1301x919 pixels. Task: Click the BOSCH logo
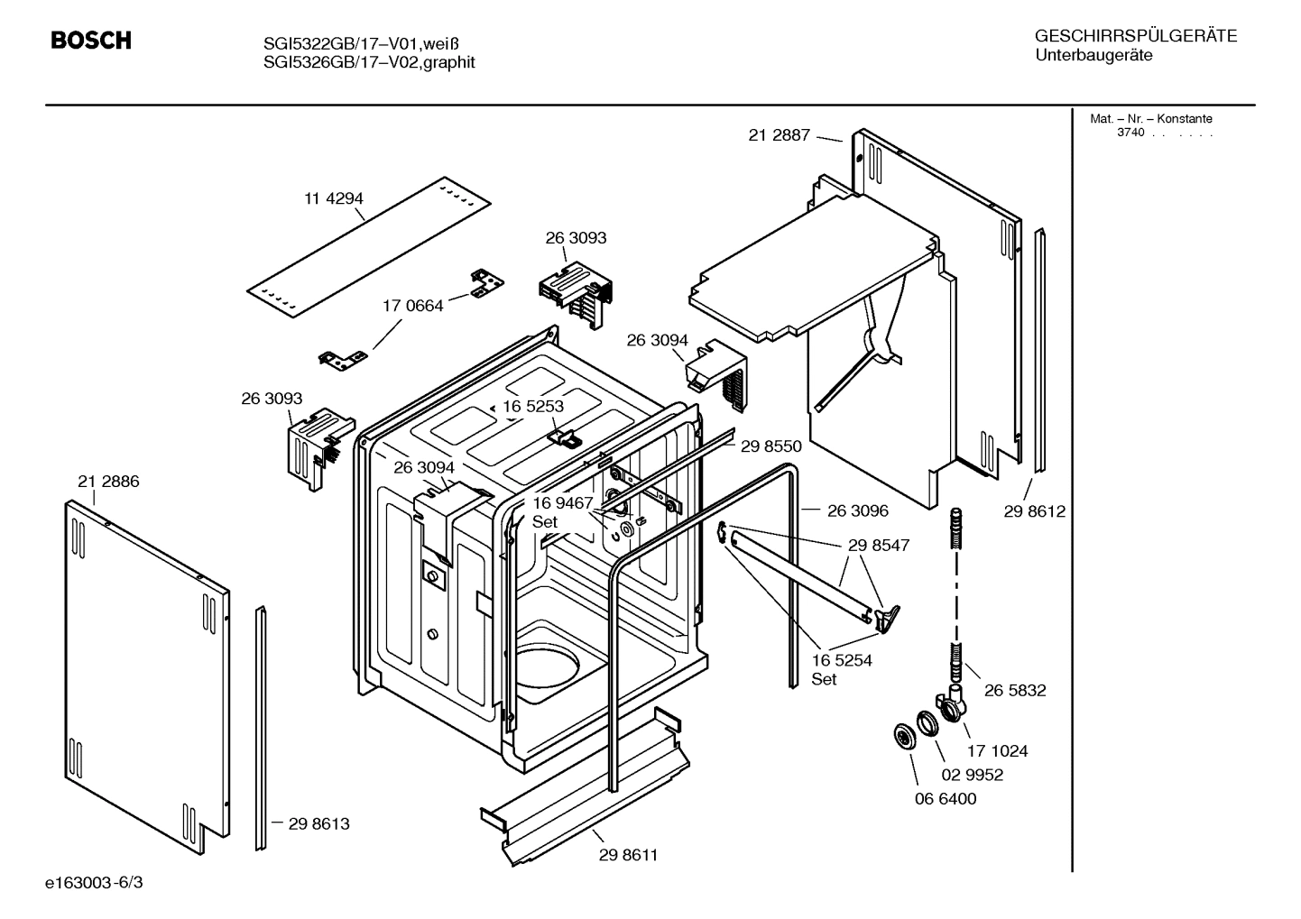point(90,41)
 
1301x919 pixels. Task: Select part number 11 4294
point(333,198)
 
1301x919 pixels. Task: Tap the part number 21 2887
point(780,135)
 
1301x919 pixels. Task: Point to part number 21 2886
point(108,482)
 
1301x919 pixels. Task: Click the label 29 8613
point(318,823)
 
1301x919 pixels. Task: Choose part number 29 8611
point(628,855)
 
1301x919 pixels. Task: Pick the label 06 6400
point(945,798)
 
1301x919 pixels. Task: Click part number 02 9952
point(972,775)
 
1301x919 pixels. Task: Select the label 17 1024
point(997,750)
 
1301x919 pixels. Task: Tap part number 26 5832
point(1015,690)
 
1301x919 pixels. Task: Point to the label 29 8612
point(1034,511)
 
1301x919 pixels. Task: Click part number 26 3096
point(857,510)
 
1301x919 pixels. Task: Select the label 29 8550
point(770,446)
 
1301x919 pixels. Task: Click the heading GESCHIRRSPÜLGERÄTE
point(1135,36)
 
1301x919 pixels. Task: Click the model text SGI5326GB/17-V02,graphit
point(369,62)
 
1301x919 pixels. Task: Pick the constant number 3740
point(1130,133)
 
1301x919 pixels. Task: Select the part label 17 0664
point(412,306)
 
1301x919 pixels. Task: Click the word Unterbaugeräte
point(1093,56)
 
